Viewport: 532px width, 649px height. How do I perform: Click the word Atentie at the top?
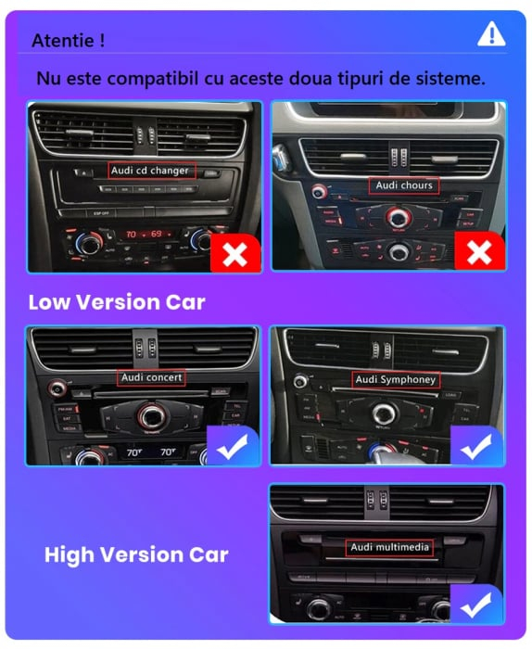coord(68,41)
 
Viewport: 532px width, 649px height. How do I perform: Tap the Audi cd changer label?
coord(150,171)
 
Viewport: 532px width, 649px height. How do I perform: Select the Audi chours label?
coord(404,185)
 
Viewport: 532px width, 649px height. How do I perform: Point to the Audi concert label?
coord(151,377)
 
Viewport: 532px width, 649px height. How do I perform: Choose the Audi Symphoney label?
coord(396,379)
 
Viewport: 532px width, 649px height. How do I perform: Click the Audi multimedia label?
coord(390,547)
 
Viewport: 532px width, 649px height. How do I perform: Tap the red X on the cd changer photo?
coord(235,253)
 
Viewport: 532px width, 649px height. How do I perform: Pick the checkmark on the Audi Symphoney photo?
coord(477,447)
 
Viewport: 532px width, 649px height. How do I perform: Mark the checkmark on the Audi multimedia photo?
coord(477,605)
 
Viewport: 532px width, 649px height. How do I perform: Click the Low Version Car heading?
coord(117,302)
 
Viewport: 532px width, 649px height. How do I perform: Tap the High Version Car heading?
coord(136,555)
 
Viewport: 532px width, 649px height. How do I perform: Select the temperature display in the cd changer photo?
coord(144,234)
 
